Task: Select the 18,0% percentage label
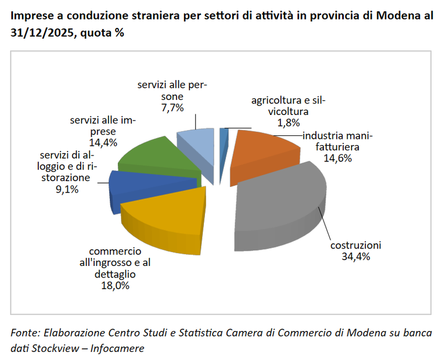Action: [114, 285]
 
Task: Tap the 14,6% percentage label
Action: [337, 159]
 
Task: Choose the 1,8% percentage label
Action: [289, 123]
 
